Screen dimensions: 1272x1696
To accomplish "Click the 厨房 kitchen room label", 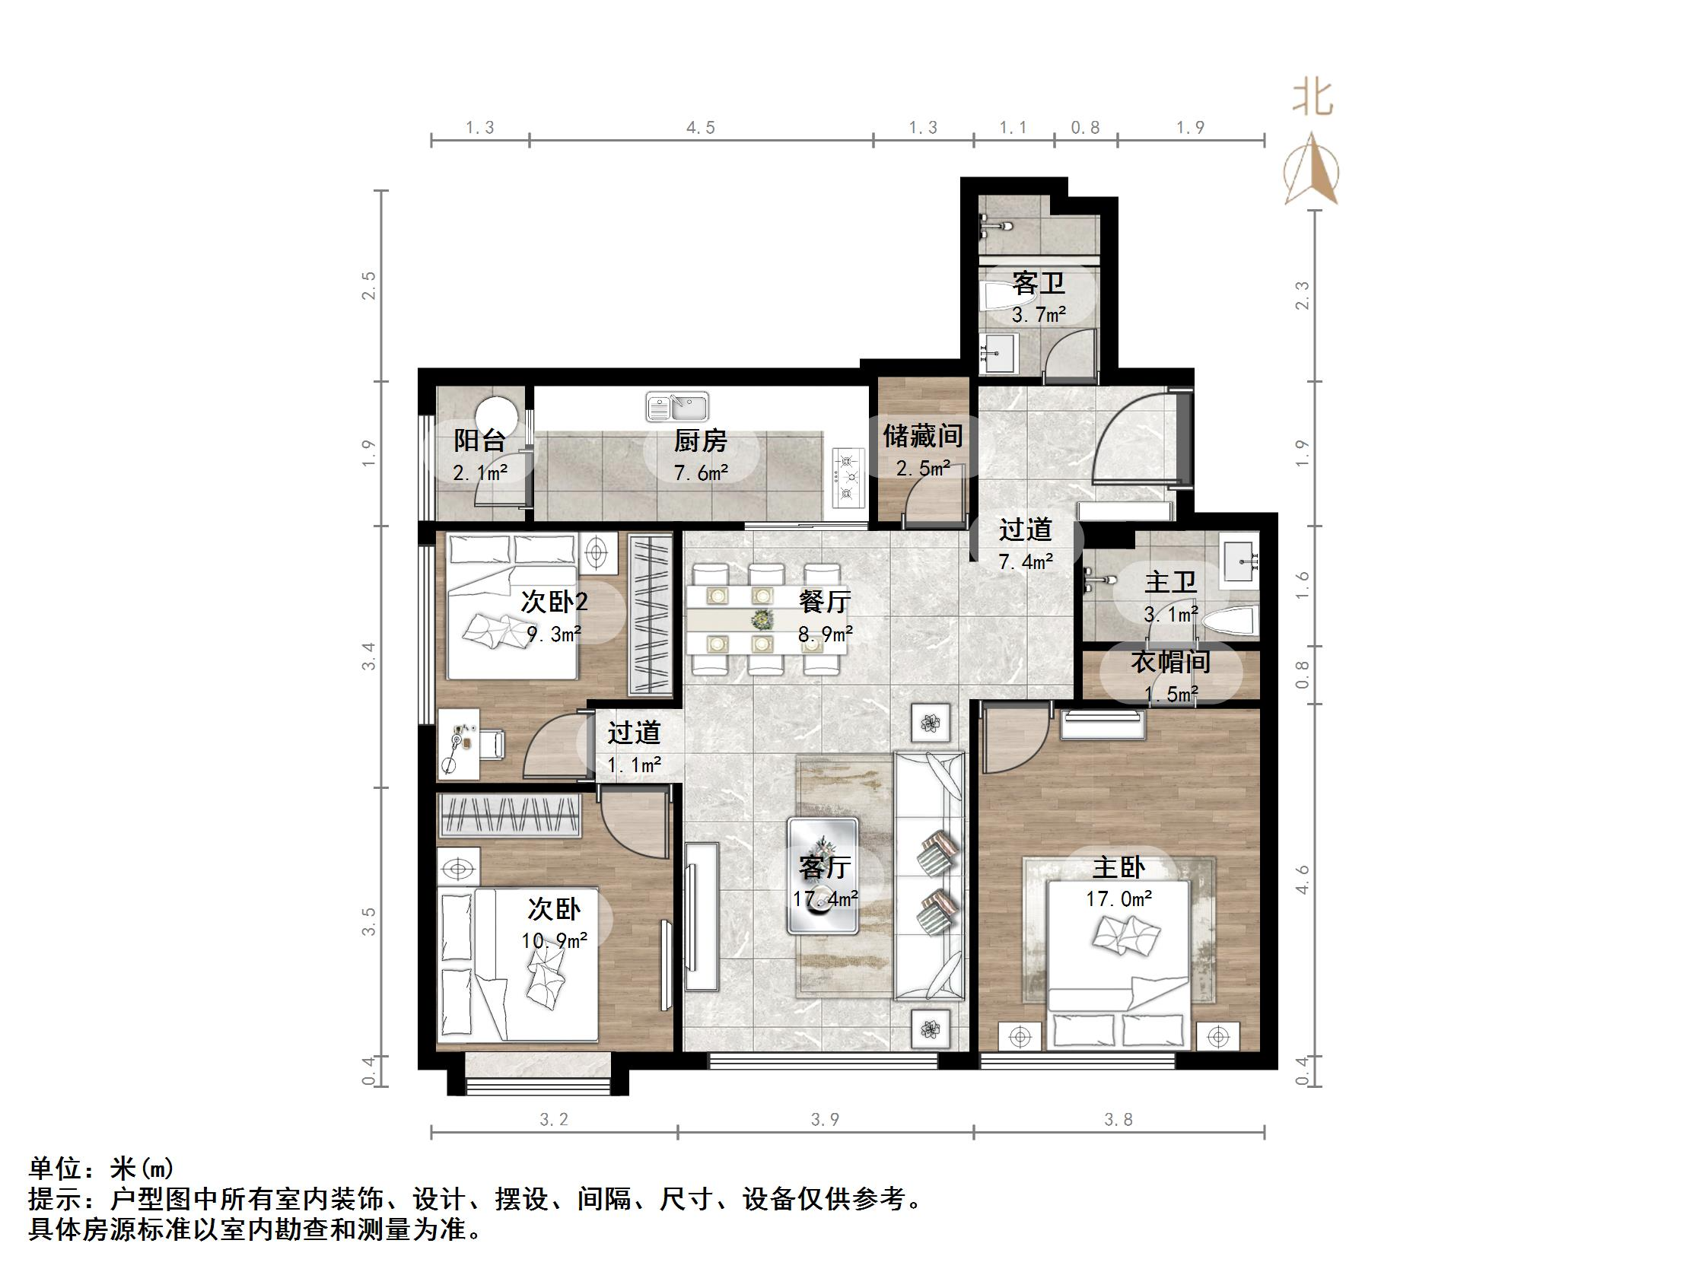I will tap(700, 441).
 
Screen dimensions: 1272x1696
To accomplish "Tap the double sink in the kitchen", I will tap(677, 406).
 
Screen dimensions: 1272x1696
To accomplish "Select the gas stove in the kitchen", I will tap(847, 477).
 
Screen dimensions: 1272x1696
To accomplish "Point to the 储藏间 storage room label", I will tap(922, 436).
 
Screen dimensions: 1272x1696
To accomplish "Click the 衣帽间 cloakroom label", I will tap(1170, 662).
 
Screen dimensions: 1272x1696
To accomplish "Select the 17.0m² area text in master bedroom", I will tap(1118, 898).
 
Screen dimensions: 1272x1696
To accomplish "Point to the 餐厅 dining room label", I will tap(824, 602).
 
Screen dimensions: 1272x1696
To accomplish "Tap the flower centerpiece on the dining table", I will tap(762, 618).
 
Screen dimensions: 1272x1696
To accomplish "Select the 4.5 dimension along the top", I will tap(700, 128).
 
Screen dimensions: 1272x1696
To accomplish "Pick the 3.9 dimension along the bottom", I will tap(825, 1120).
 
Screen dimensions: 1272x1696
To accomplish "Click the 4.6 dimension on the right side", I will tap(1302, 879).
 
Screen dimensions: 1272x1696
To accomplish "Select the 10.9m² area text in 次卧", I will tap(555, 940).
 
